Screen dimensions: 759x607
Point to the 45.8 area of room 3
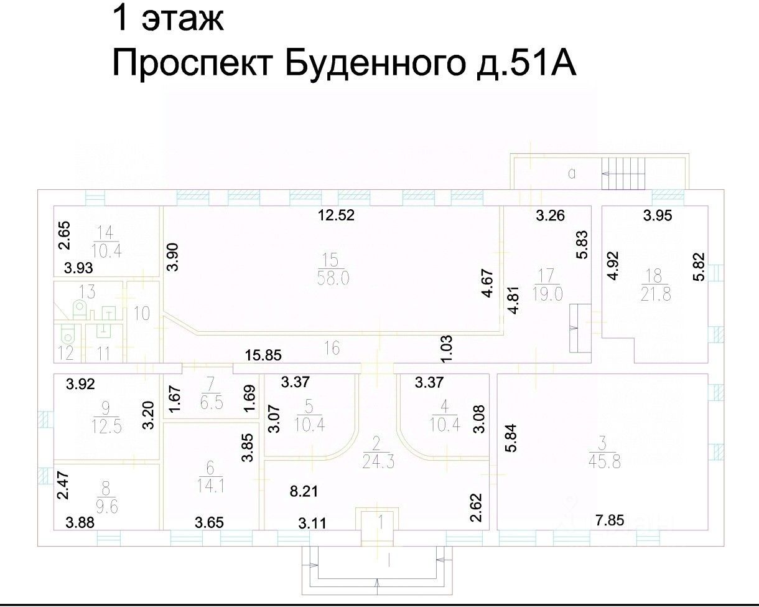click(602, 461)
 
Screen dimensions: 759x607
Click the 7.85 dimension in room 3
click(610, 520)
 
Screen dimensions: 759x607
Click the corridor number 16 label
click(332, 349)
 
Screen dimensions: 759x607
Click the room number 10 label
click(142, 313)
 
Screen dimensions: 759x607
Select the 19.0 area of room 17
click(547, 293)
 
